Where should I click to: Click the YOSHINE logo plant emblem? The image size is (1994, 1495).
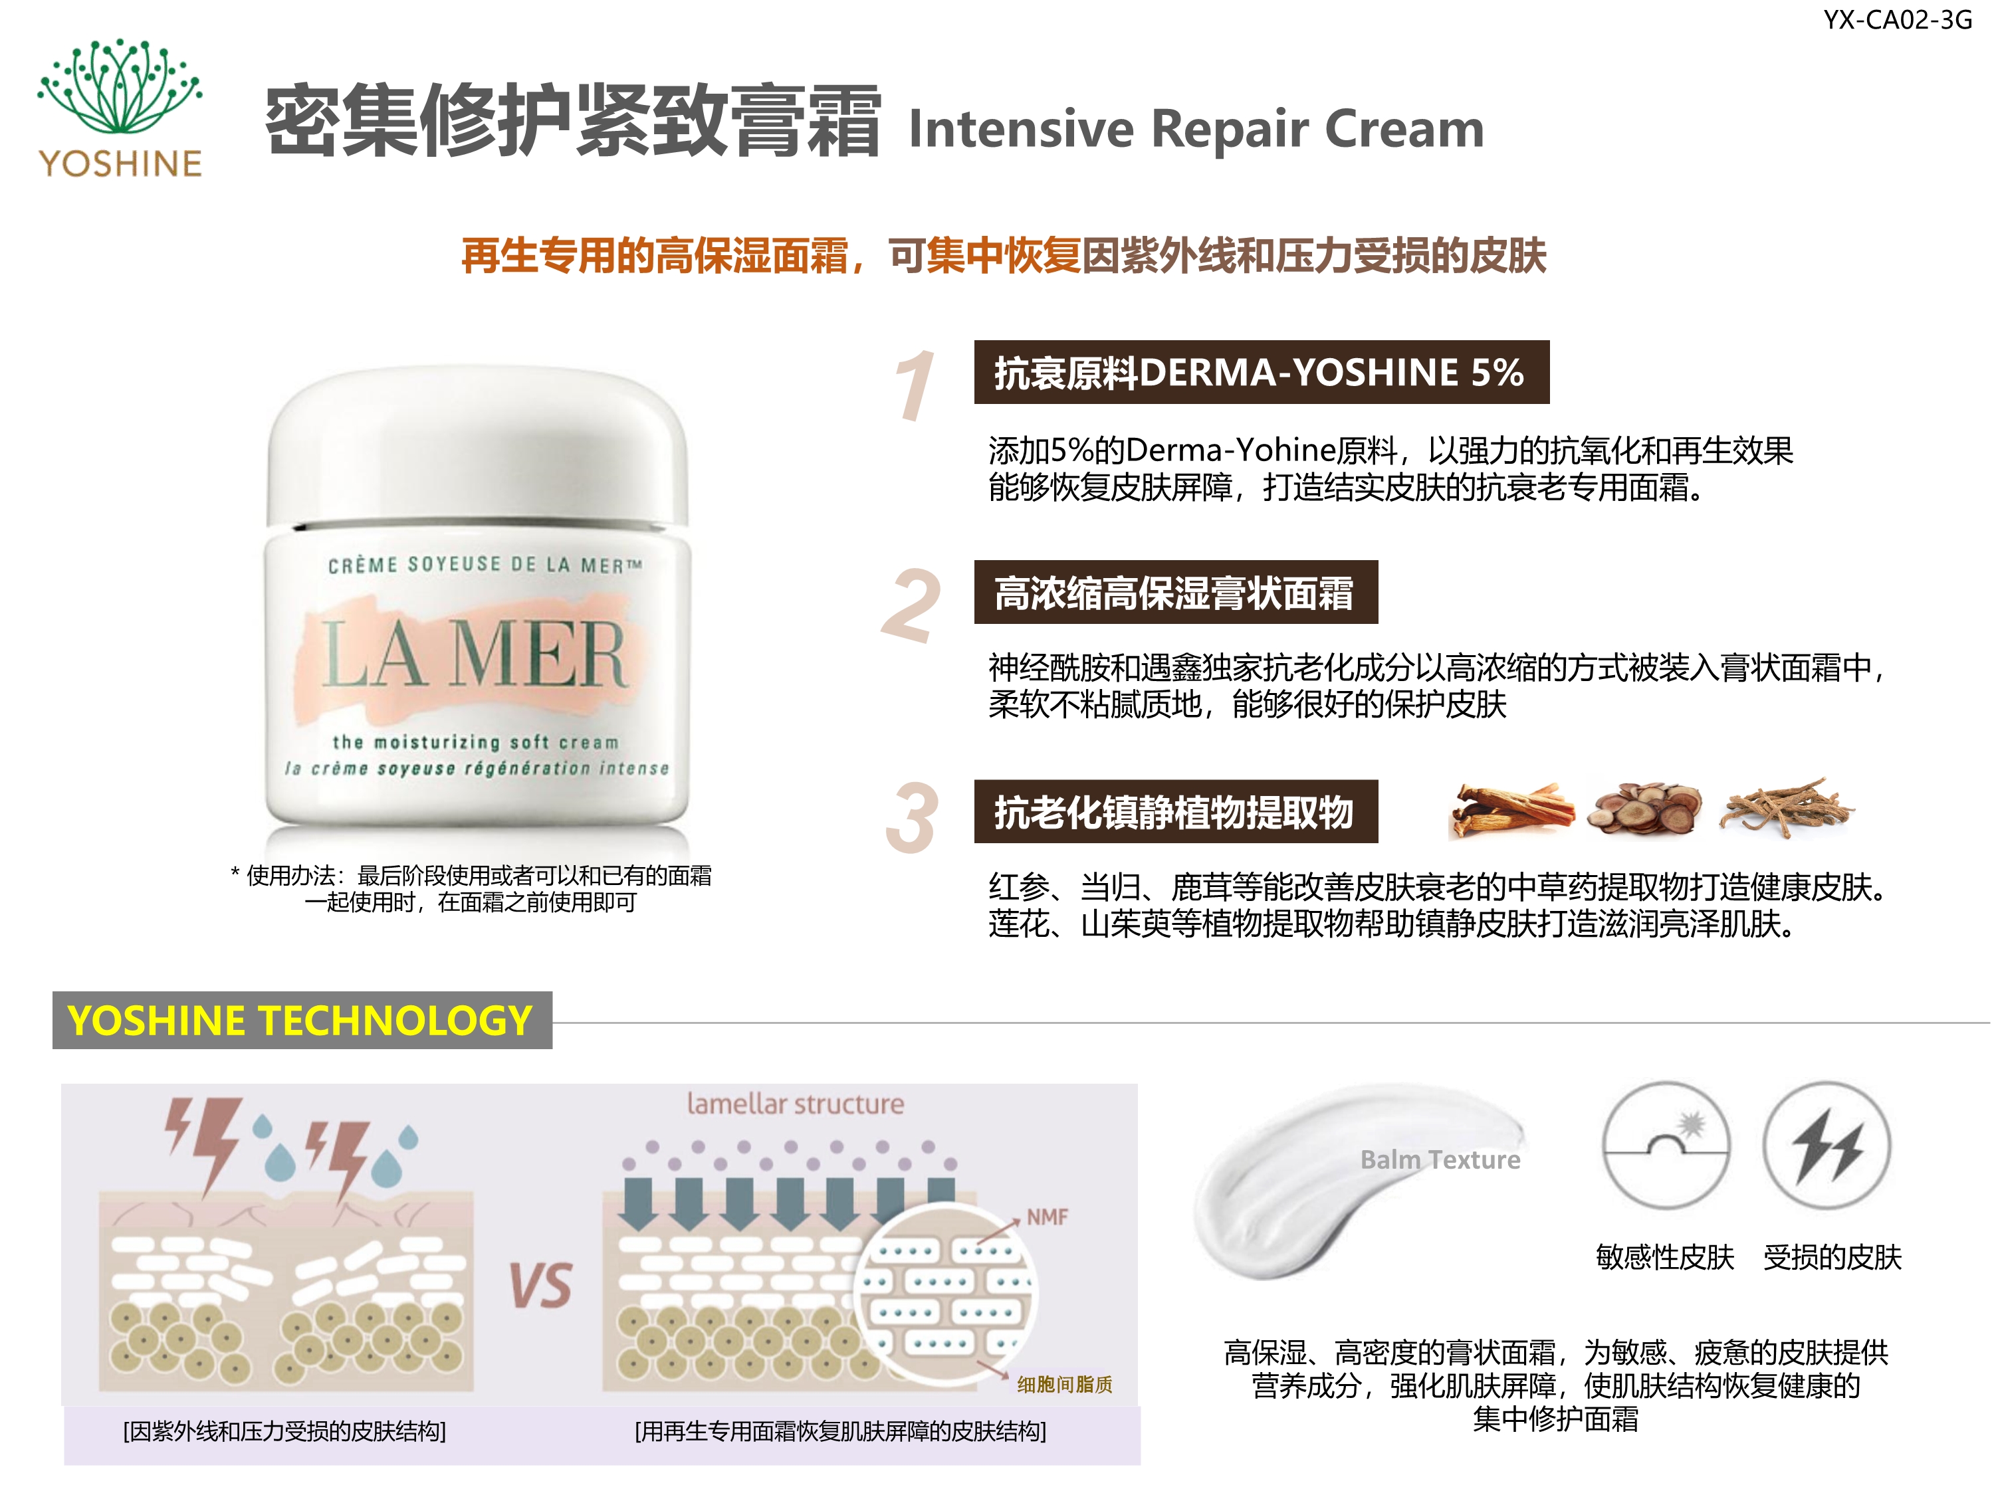click(x=120, y=88)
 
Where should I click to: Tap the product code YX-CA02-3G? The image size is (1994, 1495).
click(x=1898, y=20)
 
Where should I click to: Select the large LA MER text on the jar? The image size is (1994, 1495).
click(x=473, y=654)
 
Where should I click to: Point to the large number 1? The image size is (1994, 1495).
click(x=913, y=385)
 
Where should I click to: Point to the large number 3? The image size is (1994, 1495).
click(x=911, y=817)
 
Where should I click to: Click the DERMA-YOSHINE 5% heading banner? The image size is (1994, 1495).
click(x=1261, y=372)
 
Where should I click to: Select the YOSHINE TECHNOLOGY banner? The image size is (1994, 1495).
click(x=302, y=1020)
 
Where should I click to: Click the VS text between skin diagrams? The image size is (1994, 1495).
click(x=540, y=1285)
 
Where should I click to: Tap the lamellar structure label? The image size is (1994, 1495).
click(x=795, y=1104)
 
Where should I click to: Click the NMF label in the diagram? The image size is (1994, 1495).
click(x=1047, y=1217)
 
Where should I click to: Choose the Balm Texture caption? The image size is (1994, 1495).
click(x=1440, y=1159)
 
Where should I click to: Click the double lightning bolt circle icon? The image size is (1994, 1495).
click(x=1827, y=1146)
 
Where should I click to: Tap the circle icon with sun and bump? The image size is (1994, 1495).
click(x=1666, y=1146)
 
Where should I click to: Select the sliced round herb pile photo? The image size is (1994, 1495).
click(x=1645, y=809)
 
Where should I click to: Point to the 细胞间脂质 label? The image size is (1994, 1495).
click(x=1065, y=1384)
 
